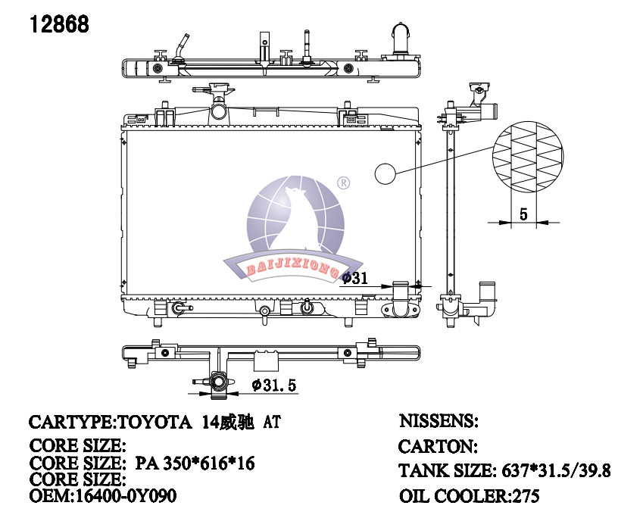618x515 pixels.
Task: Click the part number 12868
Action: (60, 24)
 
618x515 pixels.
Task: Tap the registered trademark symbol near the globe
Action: (344, 183)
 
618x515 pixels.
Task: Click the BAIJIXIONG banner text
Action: (292, 268)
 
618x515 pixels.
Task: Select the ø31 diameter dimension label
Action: (354, 278)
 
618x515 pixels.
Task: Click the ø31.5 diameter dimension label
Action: (274, 385)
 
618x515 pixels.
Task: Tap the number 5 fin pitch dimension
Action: (523, 214)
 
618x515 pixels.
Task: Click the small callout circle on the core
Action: (385, 173)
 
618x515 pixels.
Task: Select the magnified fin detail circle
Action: (528, 158)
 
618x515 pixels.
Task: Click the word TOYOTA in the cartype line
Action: (154, 423)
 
